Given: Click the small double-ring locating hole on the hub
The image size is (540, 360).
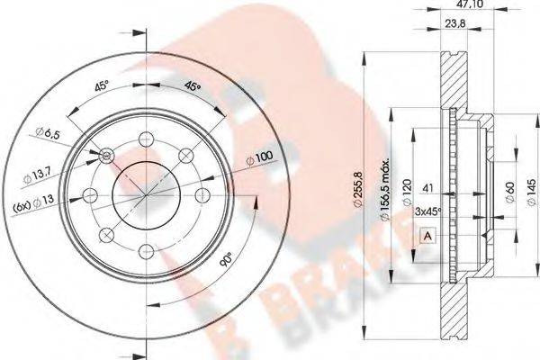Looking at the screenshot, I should pos(108,157).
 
